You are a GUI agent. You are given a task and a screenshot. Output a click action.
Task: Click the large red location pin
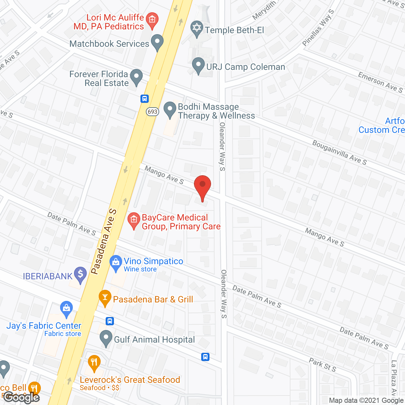click(x=202, y=186)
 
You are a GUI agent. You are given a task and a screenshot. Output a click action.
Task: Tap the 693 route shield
click(x=152, y=112)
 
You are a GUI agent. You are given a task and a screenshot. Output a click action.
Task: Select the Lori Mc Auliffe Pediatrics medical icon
click(x=152, y=20)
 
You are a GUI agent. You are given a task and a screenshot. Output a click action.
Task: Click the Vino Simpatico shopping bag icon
click(x=116, y=262)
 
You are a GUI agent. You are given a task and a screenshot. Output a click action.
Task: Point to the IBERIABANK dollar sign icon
click(x=80, y=274)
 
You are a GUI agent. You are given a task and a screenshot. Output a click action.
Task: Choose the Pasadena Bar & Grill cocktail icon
click(x=105, y=297)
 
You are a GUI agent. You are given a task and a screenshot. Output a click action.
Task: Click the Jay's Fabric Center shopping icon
click(x=66, y=308)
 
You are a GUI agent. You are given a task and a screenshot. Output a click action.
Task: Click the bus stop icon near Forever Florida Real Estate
click(x=145, y=99)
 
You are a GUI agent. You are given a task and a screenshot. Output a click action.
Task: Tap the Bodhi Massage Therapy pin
click(x=170, y=109)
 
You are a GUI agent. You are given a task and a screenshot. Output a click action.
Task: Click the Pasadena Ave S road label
click(x=104, y=241)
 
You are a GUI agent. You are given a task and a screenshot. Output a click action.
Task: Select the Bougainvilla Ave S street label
click(x=339, y=153)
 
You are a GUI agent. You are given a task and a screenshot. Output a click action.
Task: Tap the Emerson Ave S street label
click(x=380, y=82)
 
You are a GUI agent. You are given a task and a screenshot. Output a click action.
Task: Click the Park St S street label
click(x=322, y=364)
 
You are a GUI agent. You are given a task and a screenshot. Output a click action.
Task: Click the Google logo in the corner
click(x=22, y=397)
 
